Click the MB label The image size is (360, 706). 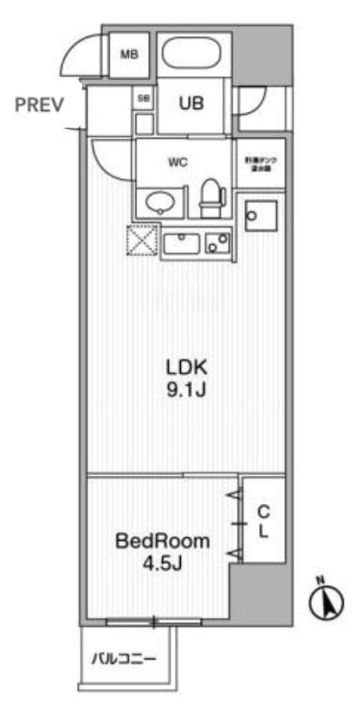pos(128,56)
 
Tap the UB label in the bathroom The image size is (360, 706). pos(189,104)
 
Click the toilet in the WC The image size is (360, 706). pos(211,193)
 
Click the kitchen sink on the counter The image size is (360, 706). pos(181,244)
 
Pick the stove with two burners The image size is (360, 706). pos(217,244)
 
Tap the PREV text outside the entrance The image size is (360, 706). pos(39,106)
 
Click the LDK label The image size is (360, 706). pos(185,369)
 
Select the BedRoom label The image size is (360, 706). pos(163,541)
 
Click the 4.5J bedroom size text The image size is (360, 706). pos(163,562)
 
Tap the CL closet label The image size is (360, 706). pos(263,523)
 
